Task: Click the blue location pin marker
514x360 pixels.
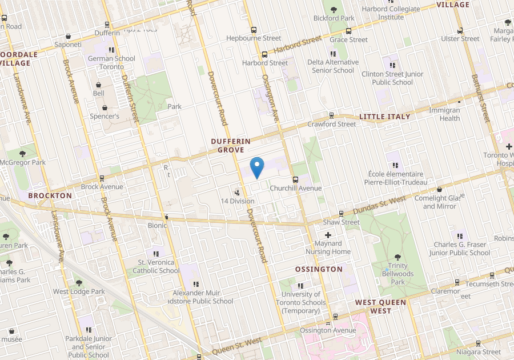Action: pyautogui.click(x=258, y=167)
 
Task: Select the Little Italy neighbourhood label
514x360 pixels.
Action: pyautogui.click(x=384, y=117)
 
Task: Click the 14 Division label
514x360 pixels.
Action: pyautogui.click(x=238, y=201)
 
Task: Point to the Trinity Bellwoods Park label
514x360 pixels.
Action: pyautogui.click(x=397, y=274)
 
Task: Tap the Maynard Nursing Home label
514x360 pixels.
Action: pyautogui.click(x=328, y=247)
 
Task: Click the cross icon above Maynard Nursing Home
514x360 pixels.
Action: pyautogui.click(x=328, y=235)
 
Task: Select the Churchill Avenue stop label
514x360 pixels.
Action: pyautogui.click(x=296, y=188)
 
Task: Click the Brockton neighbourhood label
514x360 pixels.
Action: pyautogui.click(x=50, y=195)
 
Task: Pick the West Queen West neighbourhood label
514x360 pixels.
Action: pyautogui.click(x=380, y=306)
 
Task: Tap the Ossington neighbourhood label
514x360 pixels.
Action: pyautogui.click(x=319, y=269)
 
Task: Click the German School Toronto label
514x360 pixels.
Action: pyautogui.click(x=112, y=62)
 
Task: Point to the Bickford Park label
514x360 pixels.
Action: pyautogui.click(x=334, y=18)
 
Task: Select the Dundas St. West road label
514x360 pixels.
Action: pyautogui.click(x=380, y=205)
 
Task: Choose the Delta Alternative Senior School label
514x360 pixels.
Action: pyautogui.click(x=333, y=66)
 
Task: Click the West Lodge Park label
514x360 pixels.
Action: pyautogui.click(x=79, y=291)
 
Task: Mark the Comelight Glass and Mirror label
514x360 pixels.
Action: pyautogui.click(x=438, y=202)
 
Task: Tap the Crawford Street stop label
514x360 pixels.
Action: pyautogui.click(x=332, y=124)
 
